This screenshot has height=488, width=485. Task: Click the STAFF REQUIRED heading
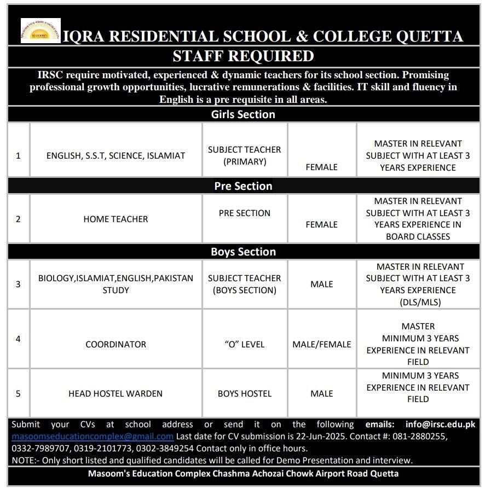243,56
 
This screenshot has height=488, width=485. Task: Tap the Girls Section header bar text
243,114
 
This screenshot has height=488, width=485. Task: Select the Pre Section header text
243,186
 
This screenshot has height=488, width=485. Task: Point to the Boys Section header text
243,252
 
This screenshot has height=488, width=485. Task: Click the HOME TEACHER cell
116,219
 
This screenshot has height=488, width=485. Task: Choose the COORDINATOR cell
116,344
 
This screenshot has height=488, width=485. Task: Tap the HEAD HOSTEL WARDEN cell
116,393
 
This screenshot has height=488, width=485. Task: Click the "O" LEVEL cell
244,344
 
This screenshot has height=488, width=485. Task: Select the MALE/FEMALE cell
322,344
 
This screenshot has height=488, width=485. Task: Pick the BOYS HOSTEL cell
244,393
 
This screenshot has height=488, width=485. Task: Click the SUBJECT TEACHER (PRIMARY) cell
244,155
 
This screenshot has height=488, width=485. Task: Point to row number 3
18,284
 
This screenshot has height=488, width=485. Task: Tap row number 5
18,393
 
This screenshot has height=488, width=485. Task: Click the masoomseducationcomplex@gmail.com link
93,437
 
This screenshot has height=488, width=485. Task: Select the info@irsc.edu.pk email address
440,424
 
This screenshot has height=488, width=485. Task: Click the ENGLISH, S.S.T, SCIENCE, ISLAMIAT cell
116,155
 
